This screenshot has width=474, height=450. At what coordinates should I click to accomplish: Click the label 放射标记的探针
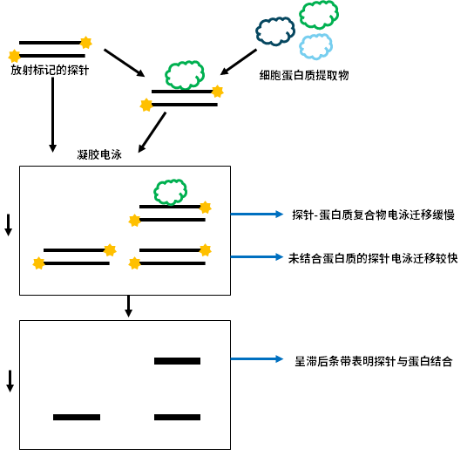pos(50,70)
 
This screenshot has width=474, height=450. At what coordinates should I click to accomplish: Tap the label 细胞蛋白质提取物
pos(304,75)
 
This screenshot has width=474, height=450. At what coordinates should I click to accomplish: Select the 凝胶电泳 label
pos(99,154)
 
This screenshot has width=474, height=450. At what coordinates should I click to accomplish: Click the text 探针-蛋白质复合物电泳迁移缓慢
pos(373,215)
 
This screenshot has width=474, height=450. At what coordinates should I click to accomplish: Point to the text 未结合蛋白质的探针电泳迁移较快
pos(373,258)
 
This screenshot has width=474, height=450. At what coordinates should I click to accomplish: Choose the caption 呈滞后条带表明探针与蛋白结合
pos(374,361)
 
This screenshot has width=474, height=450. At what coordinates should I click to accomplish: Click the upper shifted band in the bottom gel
pos(177,361)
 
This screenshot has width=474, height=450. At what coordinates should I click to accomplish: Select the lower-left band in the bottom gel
pos(77,418)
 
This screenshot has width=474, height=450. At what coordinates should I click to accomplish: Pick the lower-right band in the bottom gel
pos(177,418)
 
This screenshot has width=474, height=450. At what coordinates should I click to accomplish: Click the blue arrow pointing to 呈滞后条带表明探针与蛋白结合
pos(257,359)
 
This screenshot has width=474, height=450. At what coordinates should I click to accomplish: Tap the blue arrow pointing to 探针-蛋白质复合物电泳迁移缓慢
pos(257,215)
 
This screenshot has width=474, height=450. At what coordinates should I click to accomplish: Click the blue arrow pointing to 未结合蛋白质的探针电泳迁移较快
pos(257,257)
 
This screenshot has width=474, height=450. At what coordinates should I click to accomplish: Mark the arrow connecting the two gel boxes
pos(128,306)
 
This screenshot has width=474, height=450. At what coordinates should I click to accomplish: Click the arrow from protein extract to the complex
pos(239,62)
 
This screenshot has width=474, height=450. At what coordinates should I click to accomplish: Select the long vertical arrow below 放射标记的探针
pos(52,115)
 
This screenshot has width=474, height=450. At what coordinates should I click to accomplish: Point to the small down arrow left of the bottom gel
pos(10,381)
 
